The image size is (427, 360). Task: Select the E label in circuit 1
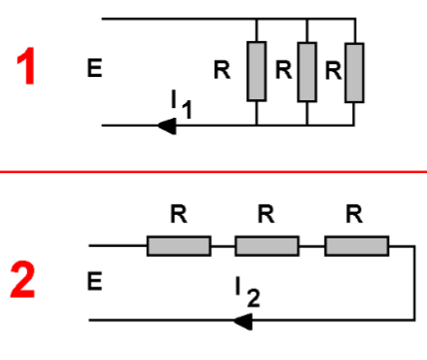tap(93, 69)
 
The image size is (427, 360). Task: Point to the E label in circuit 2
tap(93, 282)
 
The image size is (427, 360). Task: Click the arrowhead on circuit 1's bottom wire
tap(166, 126)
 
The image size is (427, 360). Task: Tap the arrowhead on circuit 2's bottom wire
tap(242, 320)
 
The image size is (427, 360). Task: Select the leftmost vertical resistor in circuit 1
tap(256, 71)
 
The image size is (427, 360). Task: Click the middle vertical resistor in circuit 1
tap(306, 71)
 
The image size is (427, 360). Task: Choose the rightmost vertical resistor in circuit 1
tap(356, 71)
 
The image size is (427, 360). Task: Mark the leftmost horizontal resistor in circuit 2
tap(179, 246)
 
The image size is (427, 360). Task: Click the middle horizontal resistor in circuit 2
tap(267, 246)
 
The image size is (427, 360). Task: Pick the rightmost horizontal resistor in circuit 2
tap(356, 246)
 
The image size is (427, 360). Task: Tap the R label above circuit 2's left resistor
tap(179, 215)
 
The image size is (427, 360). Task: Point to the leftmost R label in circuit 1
tap(224, 69)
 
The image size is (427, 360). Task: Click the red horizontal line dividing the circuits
tap(213, 171)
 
